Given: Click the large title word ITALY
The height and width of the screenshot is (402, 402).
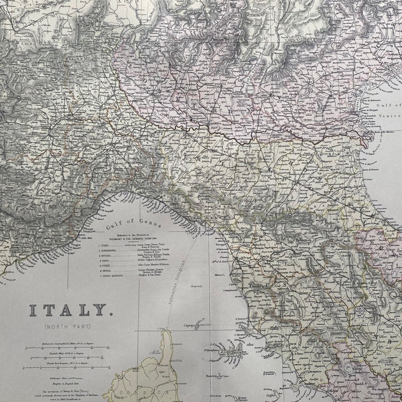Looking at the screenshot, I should click(x=68, y=310).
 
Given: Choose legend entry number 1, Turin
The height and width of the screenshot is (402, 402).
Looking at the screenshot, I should click(x=107, y=246).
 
